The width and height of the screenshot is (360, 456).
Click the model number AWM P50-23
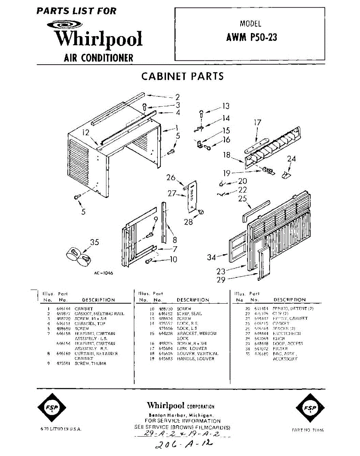pyautogui.click(x=252, y=37)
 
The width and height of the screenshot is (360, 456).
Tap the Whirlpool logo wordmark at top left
pyautogui.click(x=98, y=39)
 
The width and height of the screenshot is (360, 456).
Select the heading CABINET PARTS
pyautogui.click(x=182, y=76)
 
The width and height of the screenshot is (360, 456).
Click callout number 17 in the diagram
pyautogui.click(x=258, y=123)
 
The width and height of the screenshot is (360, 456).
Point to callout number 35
pyautogui.click(x=95, y=242)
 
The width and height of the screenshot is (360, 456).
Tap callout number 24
pyautogui.click(x=291, y=159)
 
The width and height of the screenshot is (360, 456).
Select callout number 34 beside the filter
pyautogui.click(x=212, y=258)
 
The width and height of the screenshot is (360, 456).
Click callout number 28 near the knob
pyautogui.click(x=189, y=222)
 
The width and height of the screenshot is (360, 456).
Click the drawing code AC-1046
pyautogui.click(x=103, y=273)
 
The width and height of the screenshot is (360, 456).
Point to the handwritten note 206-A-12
pyautogui.click(x=186, y=443)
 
